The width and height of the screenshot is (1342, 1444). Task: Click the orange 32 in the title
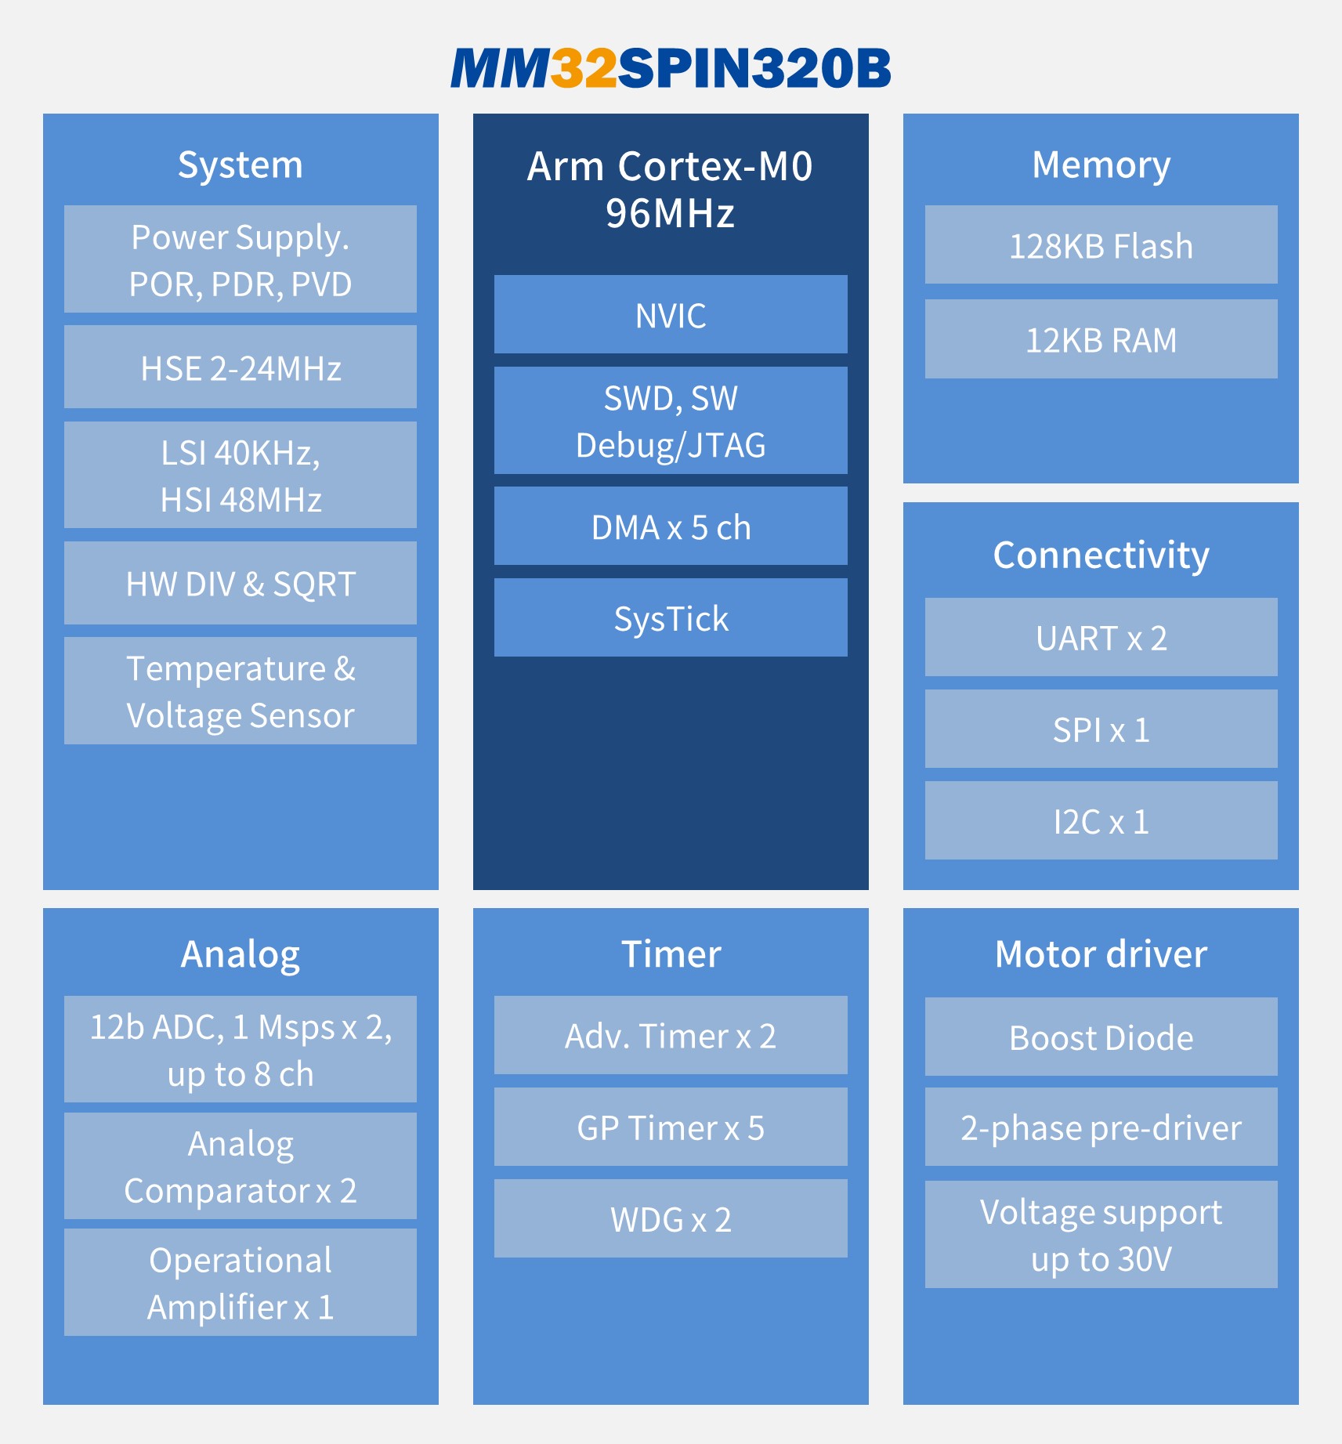[x=584, y=68]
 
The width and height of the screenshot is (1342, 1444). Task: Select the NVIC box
[x=671, y=314]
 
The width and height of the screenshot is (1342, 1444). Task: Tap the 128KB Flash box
[x=1101, y=244]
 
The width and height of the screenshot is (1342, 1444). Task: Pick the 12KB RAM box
[x=1101, y=338]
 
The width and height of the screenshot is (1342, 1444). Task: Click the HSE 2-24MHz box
[x=241, y=367]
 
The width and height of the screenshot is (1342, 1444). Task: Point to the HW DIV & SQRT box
[x=241, y=583]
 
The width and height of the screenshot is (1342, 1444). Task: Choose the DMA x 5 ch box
[x=671, y=526]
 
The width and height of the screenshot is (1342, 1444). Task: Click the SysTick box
[x=671, y=617]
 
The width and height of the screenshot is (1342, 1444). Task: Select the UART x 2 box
[x=1101, y=637]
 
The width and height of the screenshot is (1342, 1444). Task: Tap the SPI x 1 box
[x=1101, y=729]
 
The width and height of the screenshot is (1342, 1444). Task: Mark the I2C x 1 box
[x=1101, y=820]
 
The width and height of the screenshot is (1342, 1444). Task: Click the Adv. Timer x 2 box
[x=671, y=1035]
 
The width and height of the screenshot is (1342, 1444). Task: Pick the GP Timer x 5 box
[x=671, y=1127]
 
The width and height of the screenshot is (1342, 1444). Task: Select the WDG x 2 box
[x=671, y=1218]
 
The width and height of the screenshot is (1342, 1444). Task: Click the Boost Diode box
[x=1101, y=1037]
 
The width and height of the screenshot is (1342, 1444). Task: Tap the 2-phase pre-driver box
[x=1101, y=1127]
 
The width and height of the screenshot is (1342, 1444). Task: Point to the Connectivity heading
[x=1101, y=555]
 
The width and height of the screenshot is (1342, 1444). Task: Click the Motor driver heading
[x=1101, y=954]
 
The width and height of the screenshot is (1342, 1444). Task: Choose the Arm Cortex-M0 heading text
[x=671, y=166]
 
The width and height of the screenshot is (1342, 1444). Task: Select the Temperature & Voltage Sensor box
[x=241, y=690]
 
